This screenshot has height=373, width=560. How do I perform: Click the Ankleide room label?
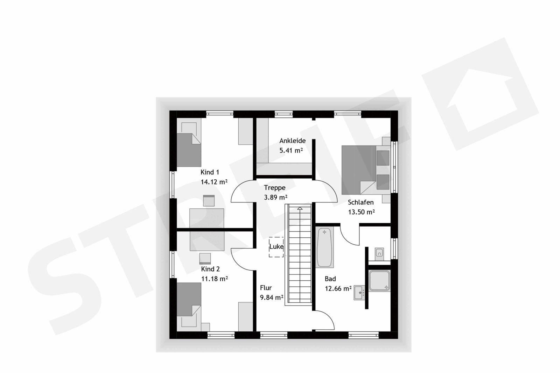[x=292, y=141]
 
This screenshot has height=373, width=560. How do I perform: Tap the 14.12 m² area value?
[x=214, y=182]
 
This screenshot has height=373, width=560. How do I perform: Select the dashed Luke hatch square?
[x=276, y=247]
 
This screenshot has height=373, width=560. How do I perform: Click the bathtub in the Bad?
[x=324, y=247]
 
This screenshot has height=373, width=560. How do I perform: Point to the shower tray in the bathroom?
[x=379, y=281]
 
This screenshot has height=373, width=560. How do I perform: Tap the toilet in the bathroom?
[x=379, y=254]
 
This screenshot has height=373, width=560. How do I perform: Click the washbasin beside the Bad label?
[x=359, y=293]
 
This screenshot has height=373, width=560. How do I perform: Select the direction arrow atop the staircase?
[x=300, y=208]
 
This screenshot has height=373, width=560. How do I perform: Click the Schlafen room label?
[x=360, y=202]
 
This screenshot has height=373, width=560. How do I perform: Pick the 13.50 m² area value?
[x=361, y=212]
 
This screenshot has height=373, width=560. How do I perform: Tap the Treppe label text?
[x=274, y=188]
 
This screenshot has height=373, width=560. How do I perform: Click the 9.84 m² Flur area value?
[x=272, y=297]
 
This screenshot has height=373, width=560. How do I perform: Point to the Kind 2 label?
[x=210, y=269]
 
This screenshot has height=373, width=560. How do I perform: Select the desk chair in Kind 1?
[x=209, y=200]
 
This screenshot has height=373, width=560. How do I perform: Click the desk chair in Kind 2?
[x=205, y=259]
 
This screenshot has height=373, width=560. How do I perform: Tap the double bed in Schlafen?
[x=366, y=170]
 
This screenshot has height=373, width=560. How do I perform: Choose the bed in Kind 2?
[x=189, y=307]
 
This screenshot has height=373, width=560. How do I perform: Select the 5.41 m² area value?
[x=291, y=151]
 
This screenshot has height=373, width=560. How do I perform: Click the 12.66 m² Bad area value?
[x=338, y=289]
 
